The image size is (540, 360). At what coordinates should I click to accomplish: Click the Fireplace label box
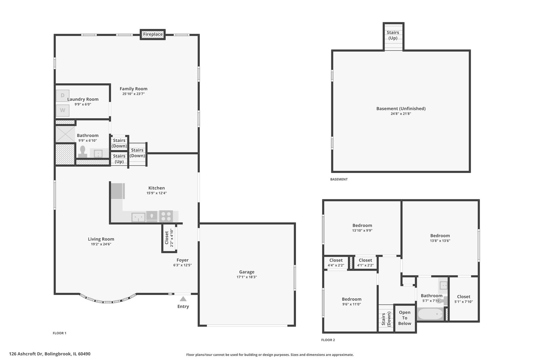[153, 34]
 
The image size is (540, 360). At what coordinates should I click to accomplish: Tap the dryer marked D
[62, 96]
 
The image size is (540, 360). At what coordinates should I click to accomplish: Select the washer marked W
[62, 110]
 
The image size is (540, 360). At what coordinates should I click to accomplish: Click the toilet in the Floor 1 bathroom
[82, 152]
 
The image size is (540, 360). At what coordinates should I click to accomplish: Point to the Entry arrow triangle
[183, 299]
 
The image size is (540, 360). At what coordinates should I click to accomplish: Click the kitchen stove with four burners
[166, 216]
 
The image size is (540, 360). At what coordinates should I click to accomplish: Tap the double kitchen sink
[138, 217]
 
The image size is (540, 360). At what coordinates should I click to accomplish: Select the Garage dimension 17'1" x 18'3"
[247, 277]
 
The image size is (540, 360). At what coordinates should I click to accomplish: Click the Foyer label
[182, 260]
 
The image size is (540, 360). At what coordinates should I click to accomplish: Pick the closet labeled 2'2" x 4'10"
[169, 238]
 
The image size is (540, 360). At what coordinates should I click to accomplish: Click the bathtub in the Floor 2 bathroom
[430, 314]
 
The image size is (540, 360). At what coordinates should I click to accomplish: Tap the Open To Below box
[404, 318]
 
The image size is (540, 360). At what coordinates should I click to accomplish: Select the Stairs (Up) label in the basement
[393, 35]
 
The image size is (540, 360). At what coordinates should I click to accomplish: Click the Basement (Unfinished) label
[401, 108]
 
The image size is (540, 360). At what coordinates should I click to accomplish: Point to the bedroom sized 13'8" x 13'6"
[440, 238]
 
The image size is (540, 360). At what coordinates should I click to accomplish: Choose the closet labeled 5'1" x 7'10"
[463, 299]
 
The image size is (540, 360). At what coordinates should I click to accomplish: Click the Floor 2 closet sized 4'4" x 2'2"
[336, 263]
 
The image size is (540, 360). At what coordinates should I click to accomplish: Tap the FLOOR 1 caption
[60, 333]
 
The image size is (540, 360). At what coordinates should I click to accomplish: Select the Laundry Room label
[83, 99]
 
